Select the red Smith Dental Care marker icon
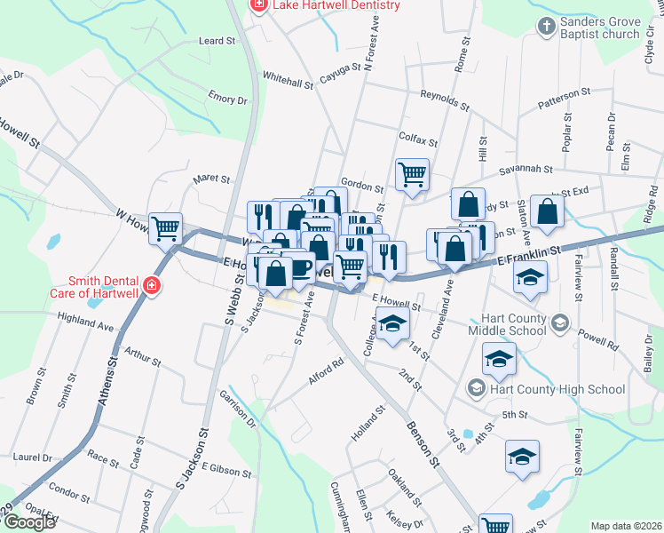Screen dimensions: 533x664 pyautogui.click(x=152, y=285)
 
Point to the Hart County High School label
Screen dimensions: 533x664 pyautogui.click(x=557, y=389)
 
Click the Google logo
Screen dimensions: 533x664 pyautogui.click(x=29, y=522)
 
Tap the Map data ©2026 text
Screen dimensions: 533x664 pyautogui.click(x=626, y=526)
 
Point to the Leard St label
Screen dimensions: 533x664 pyautogui.click(x=217, y=41)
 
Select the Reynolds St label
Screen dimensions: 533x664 pyautogui.click(x=444, y=99)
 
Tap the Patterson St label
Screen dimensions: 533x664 pyautogui.click(x=564, y=99)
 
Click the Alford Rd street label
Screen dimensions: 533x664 pyautogui.click(x=326, y=370)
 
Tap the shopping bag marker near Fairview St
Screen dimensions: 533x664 pyautogui.click(x=548, y=211)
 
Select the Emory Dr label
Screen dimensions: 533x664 pyautogui.click(x=208, y=97)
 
